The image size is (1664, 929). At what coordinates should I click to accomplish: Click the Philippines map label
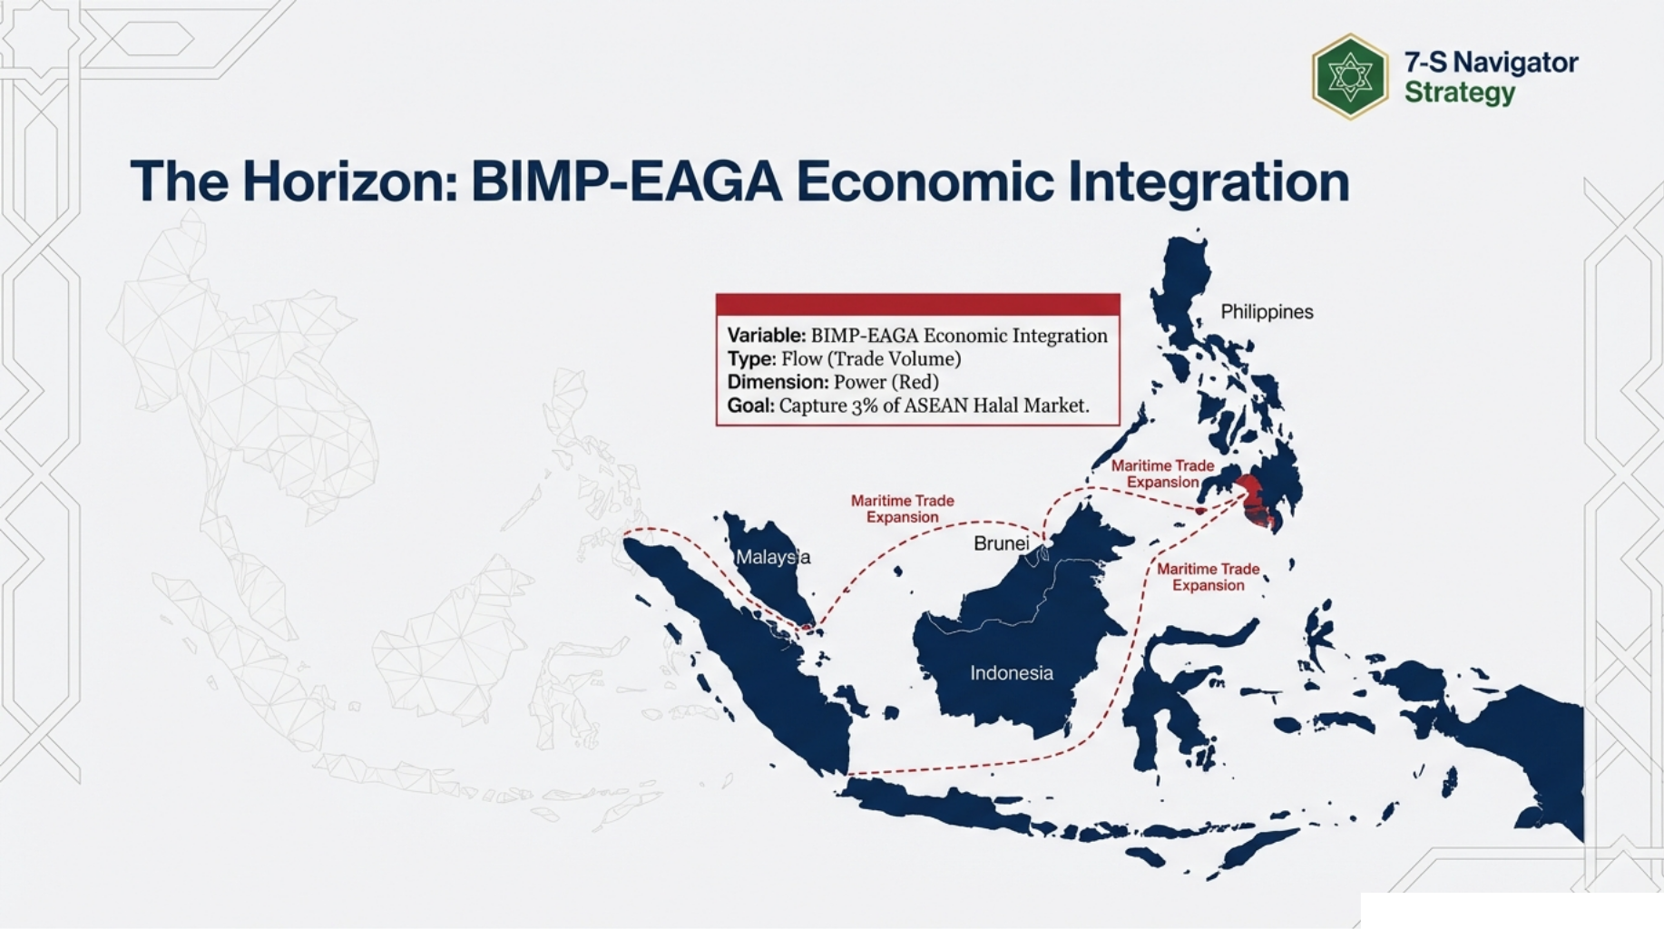coord(1266,312)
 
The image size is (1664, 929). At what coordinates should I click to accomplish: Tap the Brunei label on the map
coord(1001,543)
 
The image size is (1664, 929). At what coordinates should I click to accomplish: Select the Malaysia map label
coord(772,557)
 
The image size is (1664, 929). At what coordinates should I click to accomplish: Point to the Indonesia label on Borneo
coord(1011,673)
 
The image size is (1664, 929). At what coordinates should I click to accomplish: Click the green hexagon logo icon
coord(1349,77)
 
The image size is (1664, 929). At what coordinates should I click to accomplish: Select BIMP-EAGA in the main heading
coord(626,181)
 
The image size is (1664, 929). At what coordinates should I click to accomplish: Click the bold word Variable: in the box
coord(766,336)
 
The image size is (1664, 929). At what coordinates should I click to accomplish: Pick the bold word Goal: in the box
coord(750,406)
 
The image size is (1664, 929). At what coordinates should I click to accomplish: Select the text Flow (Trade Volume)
coord(871,359)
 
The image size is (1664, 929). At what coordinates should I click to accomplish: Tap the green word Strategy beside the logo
coord(1459,93)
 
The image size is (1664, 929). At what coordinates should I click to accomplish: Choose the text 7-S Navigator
coord(1491,63)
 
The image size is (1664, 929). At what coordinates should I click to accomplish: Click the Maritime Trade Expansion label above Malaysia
coord(902,509)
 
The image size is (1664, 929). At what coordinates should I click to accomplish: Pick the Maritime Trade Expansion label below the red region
coord(1208,577)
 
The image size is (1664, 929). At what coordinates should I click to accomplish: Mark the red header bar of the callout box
coord(917,304)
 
